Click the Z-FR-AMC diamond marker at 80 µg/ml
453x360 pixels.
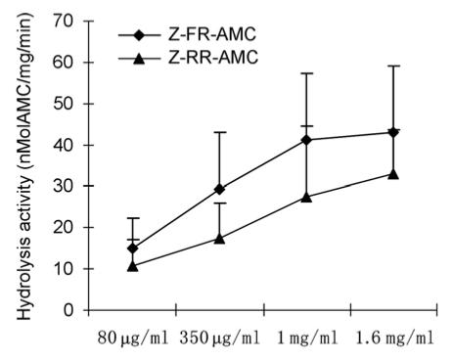coord(132,248)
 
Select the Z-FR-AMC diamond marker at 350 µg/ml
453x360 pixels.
coord(219,189)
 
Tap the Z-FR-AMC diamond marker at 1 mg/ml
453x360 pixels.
coord(306,140)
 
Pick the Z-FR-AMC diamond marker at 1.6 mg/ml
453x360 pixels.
coord(393,132)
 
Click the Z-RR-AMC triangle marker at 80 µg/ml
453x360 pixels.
coord(132,266)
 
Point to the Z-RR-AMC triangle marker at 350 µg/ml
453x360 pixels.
coord(219,238)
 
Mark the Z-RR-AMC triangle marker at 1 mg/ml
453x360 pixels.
coord(306,197)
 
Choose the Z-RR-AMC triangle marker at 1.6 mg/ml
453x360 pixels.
coord(393,173)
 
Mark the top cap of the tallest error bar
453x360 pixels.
coord(393,66)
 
